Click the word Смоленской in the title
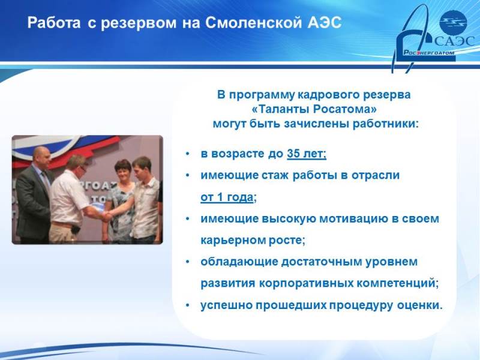coord(253,23)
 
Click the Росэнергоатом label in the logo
coord(428,53)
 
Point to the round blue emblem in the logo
coord(453,22)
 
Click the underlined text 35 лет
coord(307,154)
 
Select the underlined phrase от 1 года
coord(227,197)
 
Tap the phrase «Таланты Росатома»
coord(314,109)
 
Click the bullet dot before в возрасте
coord(187,154)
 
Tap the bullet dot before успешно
coord(187,305)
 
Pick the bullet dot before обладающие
coord(187,262)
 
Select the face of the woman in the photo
coord(123,172)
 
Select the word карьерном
coord(232,241)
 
